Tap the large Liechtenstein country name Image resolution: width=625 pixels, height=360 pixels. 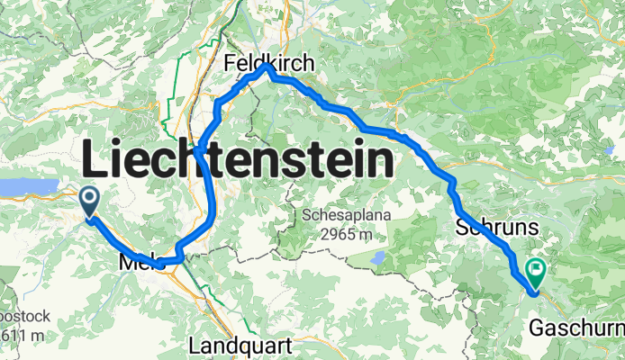(239, 163)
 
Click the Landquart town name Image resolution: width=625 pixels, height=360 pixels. (239, 346)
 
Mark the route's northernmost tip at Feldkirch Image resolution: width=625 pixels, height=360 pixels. (267, 67)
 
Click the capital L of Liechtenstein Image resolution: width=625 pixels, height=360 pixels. (95, 163)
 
